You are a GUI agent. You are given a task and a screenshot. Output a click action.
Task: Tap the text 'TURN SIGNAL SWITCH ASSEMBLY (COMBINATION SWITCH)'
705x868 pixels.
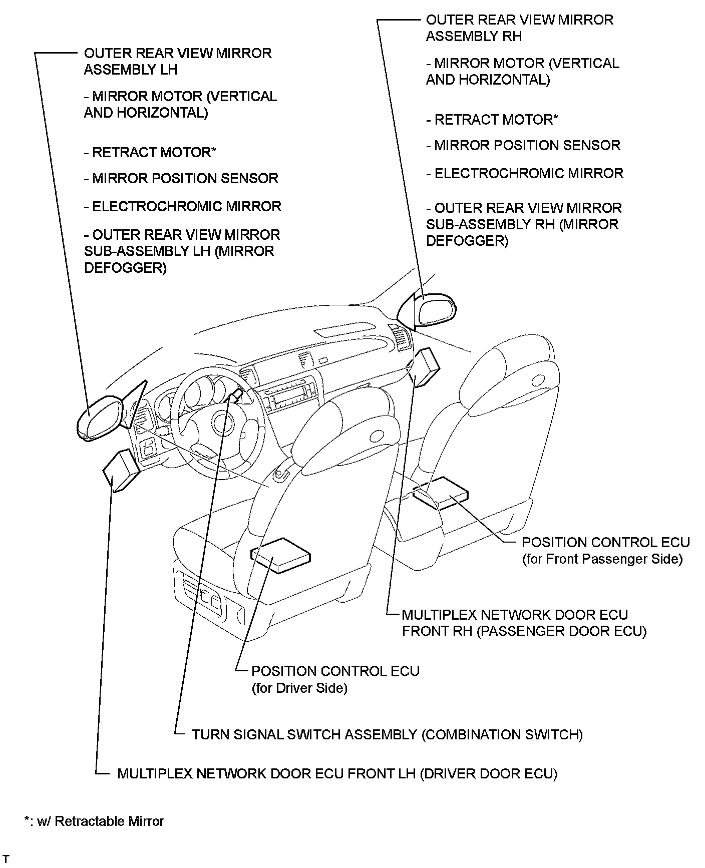pyautogui.click(x=387, y=734)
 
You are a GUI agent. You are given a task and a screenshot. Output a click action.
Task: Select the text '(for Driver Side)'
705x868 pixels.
pyautogui.click(x=299, y=688)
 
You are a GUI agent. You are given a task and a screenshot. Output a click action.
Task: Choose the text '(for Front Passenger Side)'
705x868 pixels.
pyautogui.click(x=602, y=559)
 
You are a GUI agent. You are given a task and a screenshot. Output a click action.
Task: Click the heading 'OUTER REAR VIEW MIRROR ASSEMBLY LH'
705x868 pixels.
pyautogui.click(x=177, y=61)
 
